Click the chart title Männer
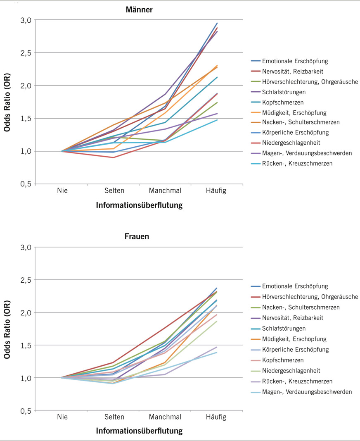[x=139, y=10]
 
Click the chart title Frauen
[x=137, y=237]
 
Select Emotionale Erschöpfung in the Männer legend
[x=295, y=61]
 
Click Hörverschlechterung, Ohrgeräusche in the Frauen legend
[x=310, y=296]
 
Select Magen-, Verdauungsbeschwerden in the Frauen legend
[x=307, y=391]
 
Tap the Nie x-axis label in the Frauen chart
[x=62, y=417]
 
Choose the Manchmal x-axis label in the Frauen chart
[x=165, y=417]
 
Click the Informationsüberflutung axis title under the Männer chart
[x=139, y=205]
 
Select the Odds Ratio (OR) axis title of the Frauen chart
[x=8, y=329]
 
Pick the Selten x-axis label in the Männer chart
[x=114, y=191]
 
